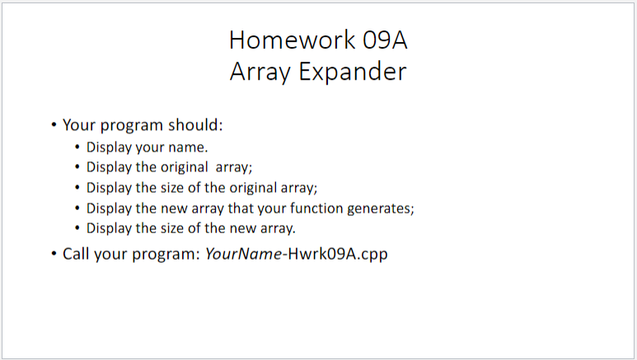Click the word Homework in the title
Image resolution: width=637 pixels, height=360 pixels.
(292, 40)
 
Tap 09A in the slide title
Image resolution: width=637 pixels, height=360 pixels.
(385, 40)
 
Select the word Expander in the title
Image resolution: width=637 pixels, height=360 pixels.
(352, 72)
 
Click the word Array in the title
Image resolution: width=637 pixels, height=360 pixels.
(260, 72)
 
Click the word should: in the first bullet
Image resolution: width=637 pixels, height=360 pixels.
(196, 124)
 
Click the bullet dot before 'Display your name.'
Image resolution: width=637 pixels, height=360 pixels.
(77, 147)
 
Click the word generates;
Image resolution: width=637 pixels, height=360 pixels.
(381, 209)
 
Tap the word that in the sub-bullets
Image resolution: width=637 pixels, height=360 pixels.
(241, 208)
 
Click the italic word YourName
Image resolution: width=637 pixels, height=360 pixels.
(243, 254)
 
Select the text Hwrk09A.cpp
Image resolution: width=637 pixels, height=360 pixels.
(338, 255)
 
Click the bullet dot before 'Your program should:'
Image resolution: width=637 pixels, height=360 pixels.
(54, 124)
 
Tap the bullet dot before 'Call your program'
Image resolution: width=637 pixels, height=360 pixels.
(54, 254)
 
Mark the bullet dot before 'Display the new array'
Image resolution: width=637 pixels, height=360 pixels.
(77, 208)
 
